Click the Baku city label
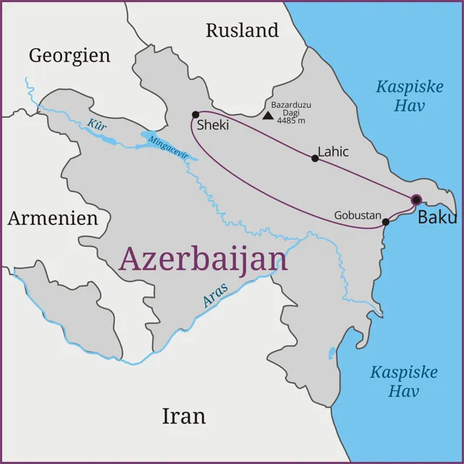click(x=437, y=217)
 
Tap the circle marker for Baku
click(x=416, y=200)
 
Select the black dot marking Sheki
click(x=196, y=114)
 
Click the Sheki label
click(x=213, y=125)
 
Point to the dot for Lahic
click(x=315, y=158)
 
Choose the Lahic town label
click(x=333, y=152)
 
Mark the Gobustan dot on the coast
click(x=385, y=222)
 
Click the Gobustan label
click(x=358, y=215)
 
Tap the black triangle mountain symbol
click(x=268, y=115)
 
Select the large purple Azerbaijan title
click(x=203, y=259)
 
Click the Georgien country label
click(x=69, y=56)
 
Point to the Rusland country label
click(x=242, y=31)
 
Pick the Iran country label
click(x=183, y=416)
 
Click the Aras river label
click(x=216, y=295)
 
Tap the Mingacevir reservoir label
click(x=168, y=147)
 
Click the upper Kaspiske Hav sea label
click(x=410, y=96)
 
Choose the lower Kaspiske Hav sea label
click(x=404, y=382)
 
